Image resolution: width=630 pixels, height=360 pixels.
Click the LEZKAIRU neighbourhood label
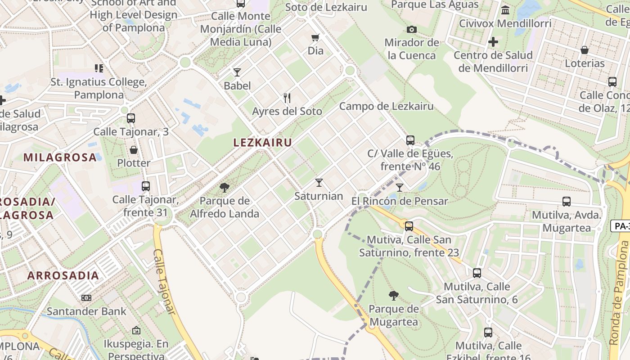263,143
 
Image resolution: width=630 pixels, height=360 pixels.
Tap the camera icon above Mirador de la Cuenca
411,30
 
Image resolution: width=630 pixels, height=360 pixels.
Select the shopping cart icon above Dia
315,37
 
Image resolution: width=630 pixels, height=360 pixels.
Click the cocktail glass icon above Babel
237,72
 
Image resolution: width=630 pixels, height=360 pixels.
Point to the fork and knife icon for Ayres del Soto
287,98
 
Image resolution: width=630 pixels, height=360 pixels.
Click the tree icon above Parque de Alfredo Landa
224,187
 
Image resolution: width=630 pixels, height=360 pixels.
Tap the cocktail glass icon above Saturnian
319,182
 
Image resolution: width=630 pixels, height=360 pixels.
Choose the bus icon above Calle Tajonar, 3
131,118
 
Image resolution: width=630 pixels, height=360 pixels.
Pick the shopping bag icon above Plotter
134,149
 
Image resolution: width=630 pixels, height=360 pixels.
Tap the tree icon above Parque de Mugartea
393,295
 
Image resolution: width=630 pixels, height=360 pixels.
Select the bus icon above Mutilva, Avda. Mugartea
567,202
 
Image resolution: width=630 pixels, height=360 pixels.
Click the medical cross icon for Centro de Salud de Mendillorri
493,42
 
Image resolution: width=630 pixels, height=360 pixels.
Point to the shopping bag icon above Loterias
585,50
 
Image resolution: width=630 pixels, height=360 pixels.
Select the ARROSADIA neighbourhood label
63,275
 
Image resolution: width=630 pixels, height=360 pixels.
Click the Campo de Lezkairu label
386,106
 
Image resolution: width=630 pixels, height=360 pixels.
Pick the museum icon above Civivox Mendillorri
505,10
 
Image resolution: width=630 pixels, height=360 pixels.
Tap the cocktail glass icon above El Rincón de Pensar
400,187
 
